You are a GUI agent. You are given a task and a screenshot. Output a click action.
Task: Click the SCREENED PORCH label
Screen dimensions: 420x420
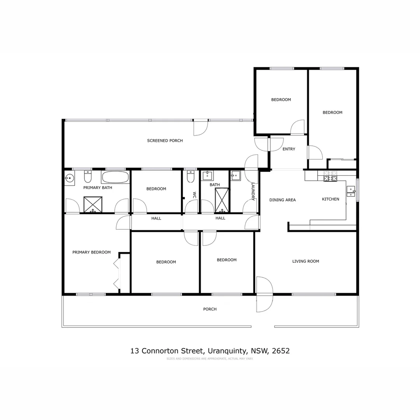pyautogui.click(x=165, y=141)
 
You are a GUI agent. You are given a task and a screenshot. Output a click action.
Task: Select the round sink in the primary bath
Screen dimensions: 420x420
pyautogui.click(x=69, y=178)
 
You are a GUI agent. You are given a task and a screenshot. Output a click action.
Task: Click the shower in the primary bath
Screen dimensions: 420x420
pyautogui.click(x=93, y=205)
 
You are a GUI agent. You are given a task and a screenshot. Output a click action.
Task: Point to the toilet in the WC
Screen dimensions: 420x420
pyautogui.click(x=191, y=177)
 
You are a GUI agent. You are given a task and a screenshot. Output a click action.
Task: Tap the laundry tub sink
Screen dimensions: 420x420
pyautogui.click(x=236, y=175)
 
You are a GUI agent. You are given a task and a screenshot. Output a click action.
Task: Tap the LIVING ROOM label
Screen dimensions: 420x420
pyautogui.click(x=306, y=261)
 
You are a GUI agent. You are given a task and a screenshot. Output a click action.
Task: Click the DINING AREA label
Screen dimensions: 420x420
pyautogui.click(x=283, y=200)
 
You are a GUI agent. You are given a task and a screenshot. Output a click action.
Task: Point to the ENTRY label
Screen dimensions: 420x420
pyautogui.click(x=289, y=149)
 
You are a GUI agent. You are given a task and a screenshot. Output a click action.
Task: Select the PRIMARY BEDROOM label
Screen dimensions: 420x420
pyautogui.click(x=91, y=252)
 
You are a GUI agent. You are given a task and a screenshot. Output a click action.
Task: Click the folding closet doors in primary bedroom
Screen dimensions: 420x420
pyautogui.click(x=117, y=274)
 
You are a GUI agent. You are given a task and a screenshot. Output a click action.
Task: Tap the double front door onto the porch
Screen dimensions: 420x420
pyautogui.click(x=264, y=294)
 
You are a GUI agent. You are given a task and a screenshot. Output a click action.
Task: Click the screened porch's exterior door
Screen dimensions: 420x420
pyautogui.click(x=201, y=127)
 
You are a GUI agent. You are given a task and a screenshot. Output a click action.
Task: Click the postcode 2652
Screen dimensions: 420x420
pyautogui.click(x=281, y=351)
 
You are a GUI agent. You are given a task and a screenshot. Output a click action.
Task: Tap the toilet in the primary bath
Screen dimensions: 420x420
pyautogui.click(x=87, y=177)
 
